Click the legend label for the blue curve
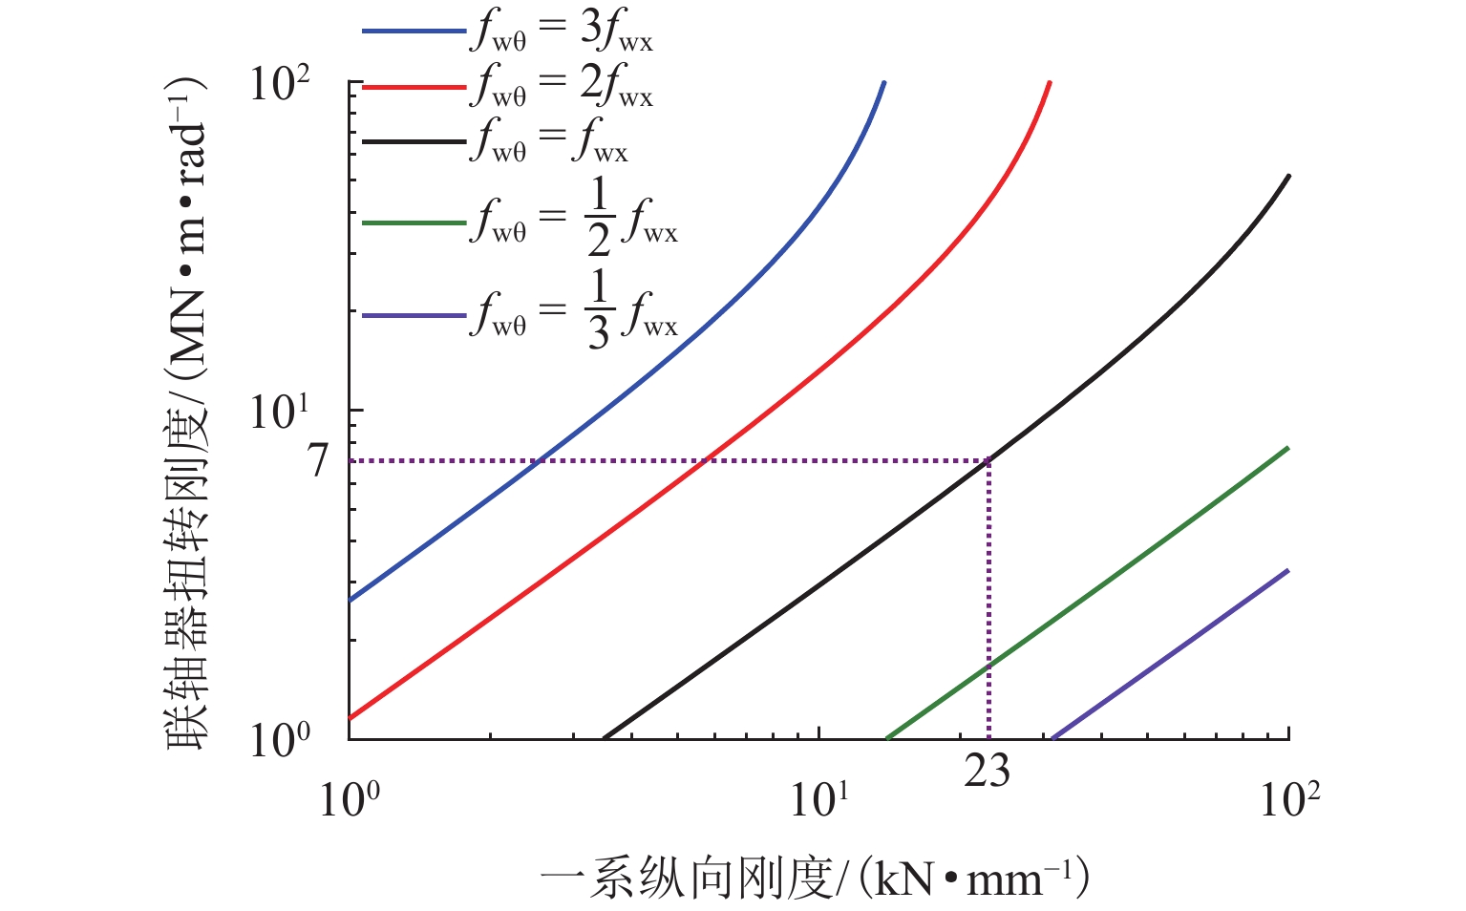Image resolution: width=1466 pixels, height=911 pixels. (562, 32)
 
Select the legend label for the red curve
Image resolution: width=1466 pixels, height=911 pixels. (562, 87)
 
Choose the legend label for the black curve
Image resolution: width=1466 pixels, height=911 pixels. (549, 142)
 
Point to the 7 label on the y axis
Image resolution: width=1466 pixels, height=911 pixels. (318, 461)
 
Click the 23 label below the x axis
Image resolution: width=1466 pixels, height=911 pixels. (987, 772)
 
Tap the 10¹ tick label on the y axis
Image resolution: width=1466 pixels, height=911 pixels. (280, 413)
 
